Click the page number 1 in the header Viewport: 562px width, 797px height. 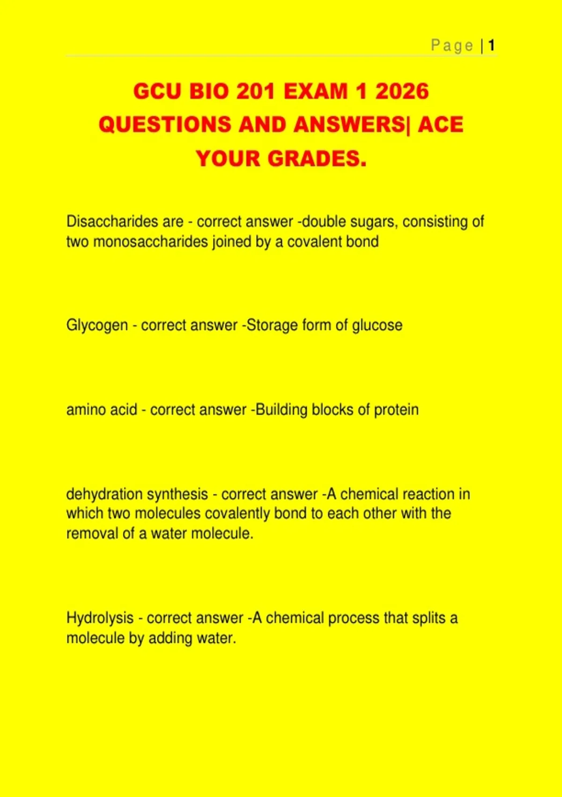pyautogui.click(x=491, y=45)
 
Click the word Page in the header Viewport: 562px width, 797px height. pyautogui.click(x=452, y=45)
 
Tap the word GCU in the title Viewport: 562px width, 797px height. pyautogui.click(x=158, y=91)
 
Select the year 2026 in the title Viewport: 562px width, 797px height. pyautogui.click(x=402, y=91)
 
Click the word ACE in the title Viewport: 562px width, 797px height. pyautogui.click(x=440, y=125)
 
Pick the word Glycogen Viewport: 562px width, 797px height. pyautogui.click(x=97, y=325)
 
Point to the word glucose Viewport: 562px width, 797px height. pyautogui.click(x=377, y=325)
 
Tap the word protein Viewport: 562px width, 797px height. pyautogui.click(x=396, y=410)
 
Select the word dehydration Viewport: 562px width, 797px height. pyautogui.click(x=104, y=494)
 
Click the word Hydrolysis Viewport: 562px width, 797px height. pyautogui.click(x=100, y=618)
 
